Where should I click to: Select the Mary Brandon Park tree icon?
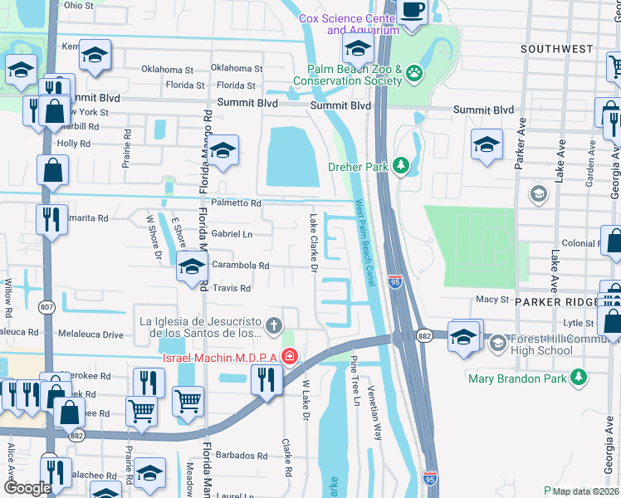tap(579, 379)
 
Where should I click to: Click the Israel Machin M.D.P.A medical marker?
tap(289, 358)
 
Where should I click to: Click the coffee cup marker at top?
tap(413, 9)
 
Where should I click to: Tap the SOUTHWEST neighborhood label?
tap(557, 50)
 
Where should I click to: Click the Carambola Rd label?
tap(240, 266)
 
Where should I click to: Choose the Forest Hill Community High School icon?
tap(497, 342)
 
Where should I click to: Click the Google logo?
tap(27, 488)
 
